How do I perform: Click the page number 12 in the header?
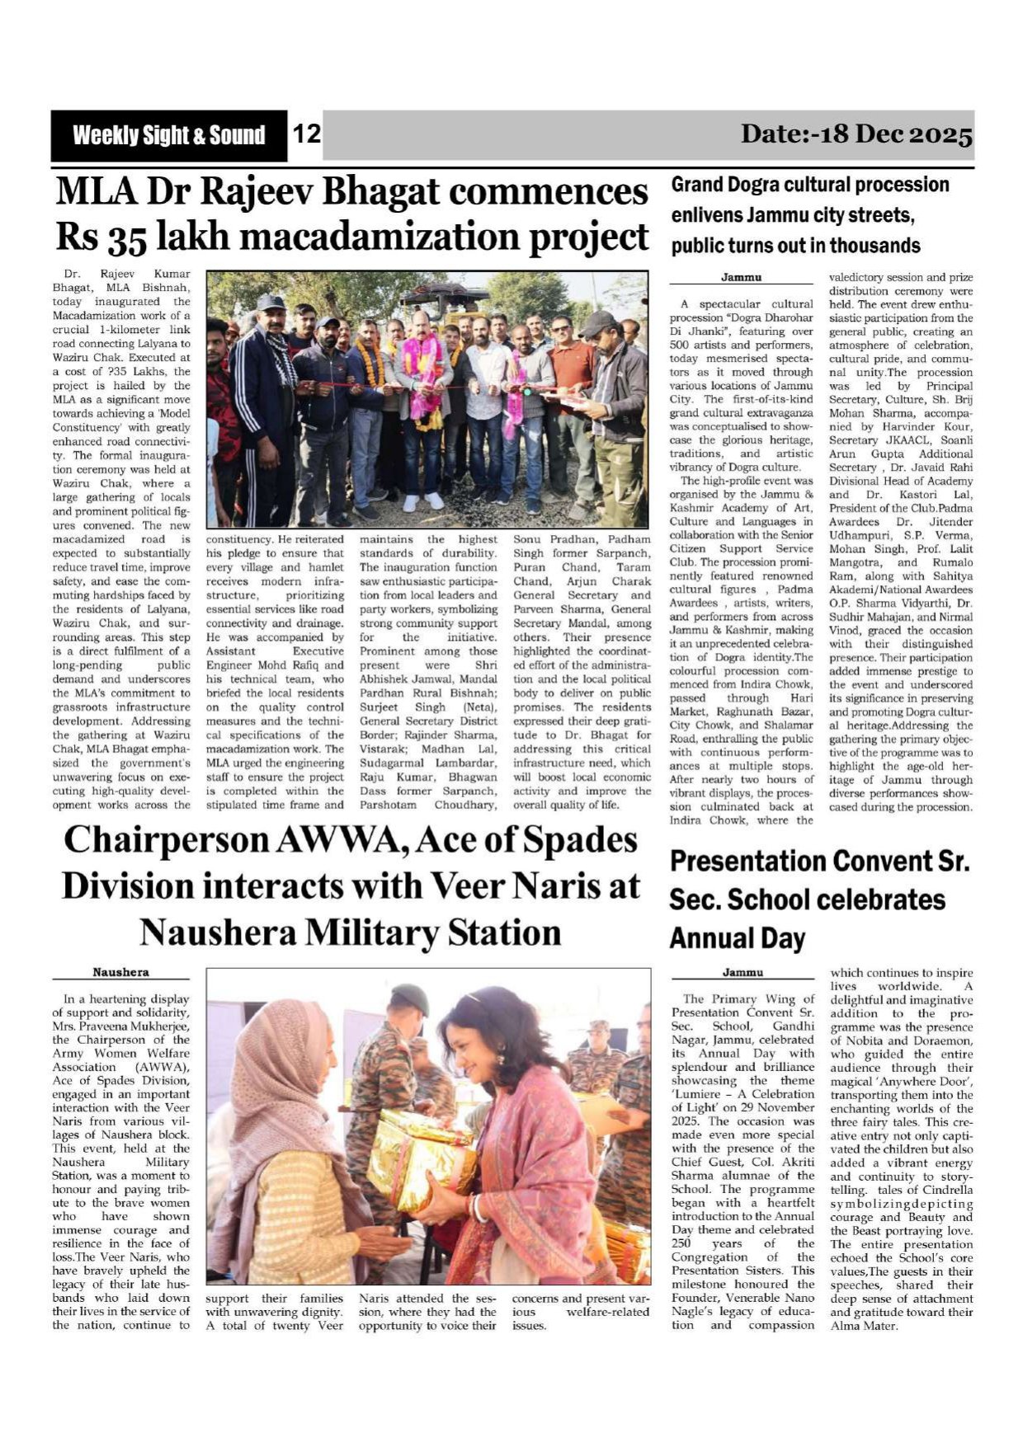(307, 134)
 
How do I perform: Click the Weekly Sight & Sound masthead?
(168, 136)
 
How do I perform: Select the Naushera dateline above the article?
(120, 972)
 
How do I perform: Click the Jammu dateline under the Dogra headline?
(741, 278)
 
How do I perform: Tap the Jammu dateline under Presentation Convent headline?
(742, 972)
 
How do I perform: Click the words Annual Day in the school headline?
(737, 938)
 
